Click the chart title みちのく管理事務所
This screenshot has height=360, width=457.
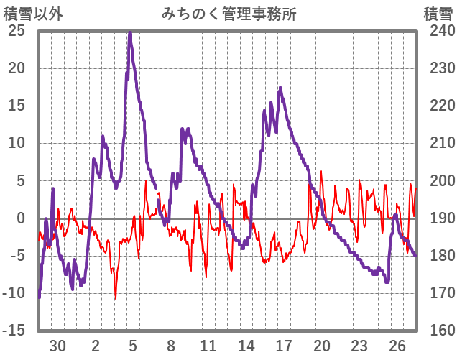click(x=228, y=13)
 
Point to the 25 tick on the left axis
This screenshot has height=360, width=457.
click(x=17, y=31)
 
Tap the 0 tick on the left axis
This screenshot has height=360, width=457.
click(x=21, y=218)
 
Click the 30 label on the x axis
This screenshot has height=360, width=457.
click(x=57, y=346)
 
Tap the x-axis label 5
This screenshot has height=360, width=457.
click(x=133, y=346)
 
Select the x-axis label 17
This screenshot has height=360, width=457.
click(x=284, y=346)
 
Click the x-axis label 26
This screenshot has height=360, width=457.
click(x=397, y=346)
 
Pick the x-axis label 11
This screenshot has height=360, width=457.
click(x=208, y=346)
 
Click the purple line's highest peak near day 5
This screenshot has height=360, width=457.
click(x=130, y=32)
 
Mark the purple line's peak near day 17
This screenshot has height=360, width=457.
click(x=280, y=88)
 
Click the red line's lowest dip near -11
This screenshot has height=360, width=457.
click(x=115, y=298)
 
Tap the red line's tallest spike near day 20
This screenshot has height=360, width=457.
click(x=320, y=172)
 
